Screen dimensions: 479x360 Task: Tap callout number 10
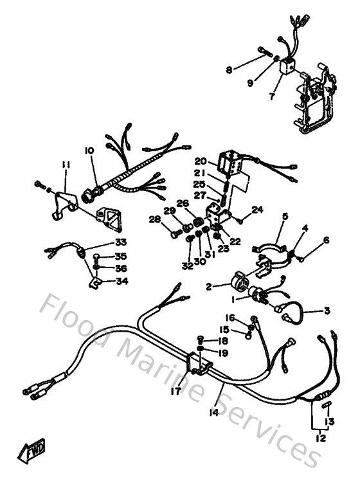pyautogui.click(x=89, y=150)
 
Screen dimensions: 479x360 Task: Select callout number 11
pyautogui.click(x=65, y=165)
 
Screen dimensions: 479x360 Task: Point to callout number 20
pyautogui.click(x=200, y=161)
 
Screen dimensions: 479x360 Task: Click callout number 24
pyautogui.click(x=258, y=210)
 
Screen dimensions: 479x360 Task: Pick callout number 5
pyautogui.click(x=285, y=217)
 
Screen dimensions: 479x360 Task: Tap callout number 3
pyautogui.click(x=327, y=311)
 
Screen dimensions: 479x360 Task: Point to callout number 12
pyautogui.click(x=321, y=438)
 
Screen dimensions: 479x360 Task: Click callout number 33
pyautogui.click(x=121, y=242)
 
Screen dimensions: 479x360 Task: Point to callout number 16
pyautogui.click(x=229, y=318)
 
